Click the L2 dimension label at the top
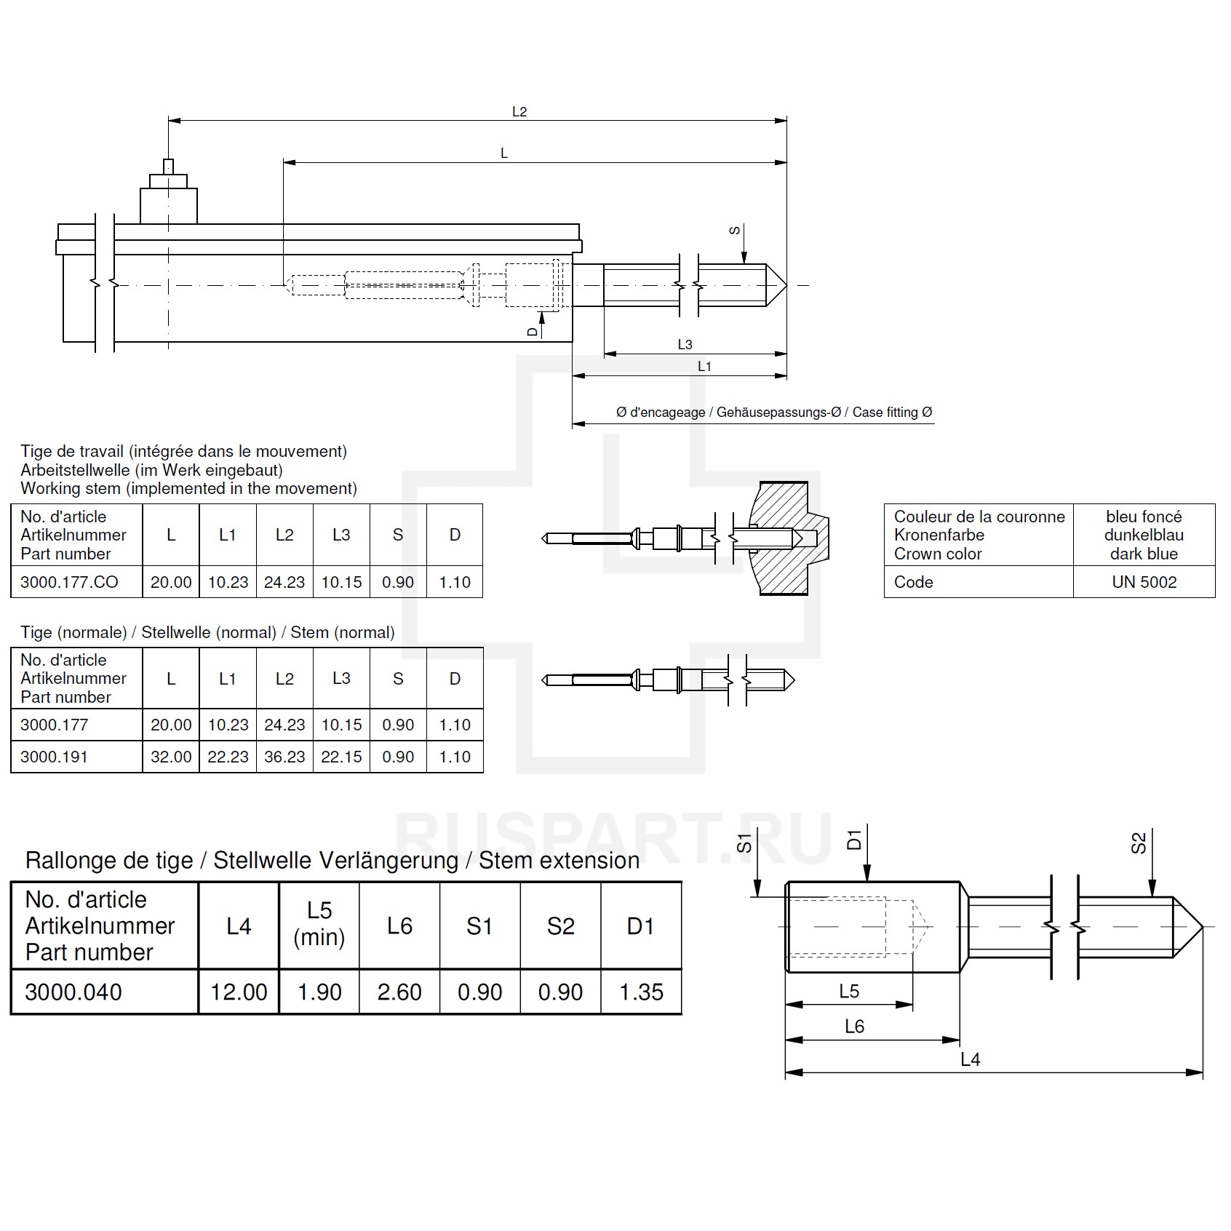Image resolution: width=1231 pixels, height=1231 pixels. tap(519, 111)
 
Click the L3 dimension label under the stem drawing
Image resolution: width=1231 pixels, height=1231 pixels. tap(685, 344)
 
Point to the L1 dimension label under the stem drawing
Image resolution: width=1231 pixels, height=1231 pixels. tap(704, 366)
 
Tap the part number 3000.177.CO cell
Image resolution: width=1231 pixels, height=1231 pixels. tap(69, 582)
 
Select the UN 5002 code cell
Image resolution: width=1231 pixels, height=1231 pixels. tap(1144, 582)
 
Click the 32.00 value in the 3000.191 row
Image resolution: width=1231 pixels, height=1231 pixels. tap(171, 757)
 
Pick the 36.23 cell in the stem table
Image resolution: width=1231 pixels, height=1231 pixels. tap(284, 757)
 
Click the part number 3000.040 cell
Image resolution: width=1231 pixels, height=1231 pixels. tap(73, 992)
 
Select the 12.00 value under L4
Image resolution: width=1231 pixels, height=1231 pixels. tap(239, 992)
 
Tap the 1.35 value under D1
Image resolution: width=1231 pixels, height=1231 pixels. tap(641, 992)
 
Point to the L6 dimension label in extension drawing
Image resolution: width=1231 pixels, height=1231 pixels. tap(854, 1027)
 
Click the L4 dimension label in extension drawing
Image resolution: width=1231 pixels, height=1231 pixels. tap(970, 1059)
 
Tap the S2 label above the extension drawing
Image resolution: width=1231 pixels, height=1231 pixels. tap(1139, 842)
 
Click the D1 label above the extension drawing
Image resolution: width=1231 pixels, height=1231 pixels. tap(855, 840)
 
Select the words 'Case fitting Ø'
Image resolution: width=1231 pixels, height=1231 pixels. tap(892, 413)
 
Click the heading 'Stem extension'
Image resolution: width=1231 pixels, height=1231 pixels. tap(559, 860)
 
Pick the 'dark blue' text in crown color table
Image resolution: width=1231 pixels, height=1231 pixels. tap(1144, 554)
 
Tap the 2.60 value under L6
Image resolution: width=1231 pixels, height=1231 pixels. tap(399, 992)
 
